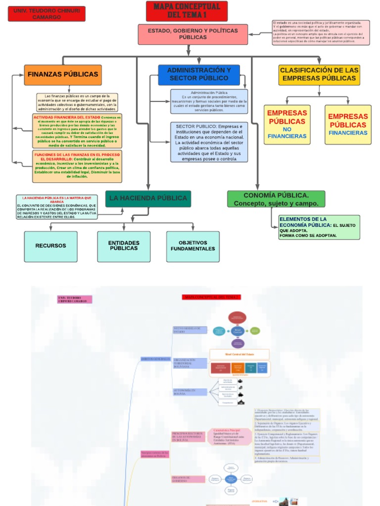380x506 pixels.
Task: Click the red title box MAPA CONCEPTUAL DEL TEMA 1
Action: tap(187, 11)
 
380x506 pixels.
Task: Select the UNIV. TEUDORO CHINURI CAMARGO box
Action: tap(47, 14)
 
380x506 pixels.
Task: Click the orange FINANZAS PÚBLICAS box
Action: tap(63, 75)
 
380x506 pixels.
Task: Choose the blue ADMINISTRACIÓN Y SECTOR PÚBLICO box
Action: tap(199, 75)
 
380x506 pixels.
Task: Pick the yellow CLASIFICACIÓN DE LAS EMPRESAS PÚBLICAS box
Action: tap(319, 75)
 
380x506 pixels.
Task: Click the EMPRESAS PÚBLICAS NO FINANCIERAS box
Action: tap(287, 124)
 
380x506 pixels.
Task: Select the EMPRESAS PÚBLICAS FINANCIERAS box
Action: tap(348, 124)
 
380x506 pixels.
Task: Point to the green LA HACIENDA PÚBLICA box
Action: tap(148, 198)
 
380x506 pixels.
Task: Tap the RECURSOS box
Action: tap(50, 246)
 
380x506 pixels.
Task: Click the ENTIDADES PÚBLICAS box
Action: tap(124, 246)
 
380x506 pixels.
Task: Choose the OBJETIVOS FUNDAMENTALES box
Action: tap(193, 246)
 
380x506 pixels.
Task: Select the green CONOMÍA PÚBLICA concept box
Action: tap(276, 199)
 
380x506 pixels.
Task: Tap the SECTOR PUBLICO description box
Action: tap(209, 142)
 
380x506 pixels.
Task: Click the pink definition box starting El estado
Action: tap(321, 32)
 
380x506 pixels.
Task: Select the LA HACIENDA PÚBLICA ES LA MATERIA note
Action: tap(56, 207)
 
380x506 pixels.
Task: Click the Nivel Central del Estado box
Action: tap(239, 354)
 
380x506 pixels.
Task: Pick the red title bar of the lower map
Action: tap(212, 297)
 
